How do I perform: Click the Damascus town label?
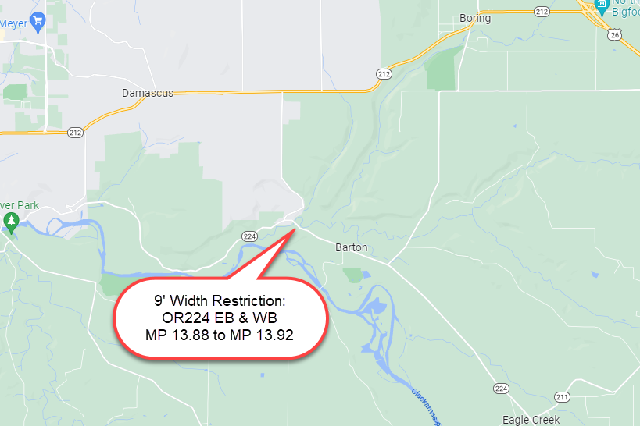pos(148,92)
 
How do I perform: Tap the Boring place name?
pos(475,18)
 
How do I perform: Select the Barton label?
pos(351,247)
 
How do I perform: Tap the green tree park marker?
pos(11,221)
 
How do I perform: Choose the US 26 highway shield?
pos(614,34)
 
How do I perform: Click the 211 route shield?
pos(562,396)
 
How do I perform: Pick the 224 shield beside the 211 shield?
pos(501,389)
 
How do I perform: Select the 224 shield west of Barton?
pos(249,236)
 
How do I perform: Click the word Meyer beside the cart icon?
pos(13,23)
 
